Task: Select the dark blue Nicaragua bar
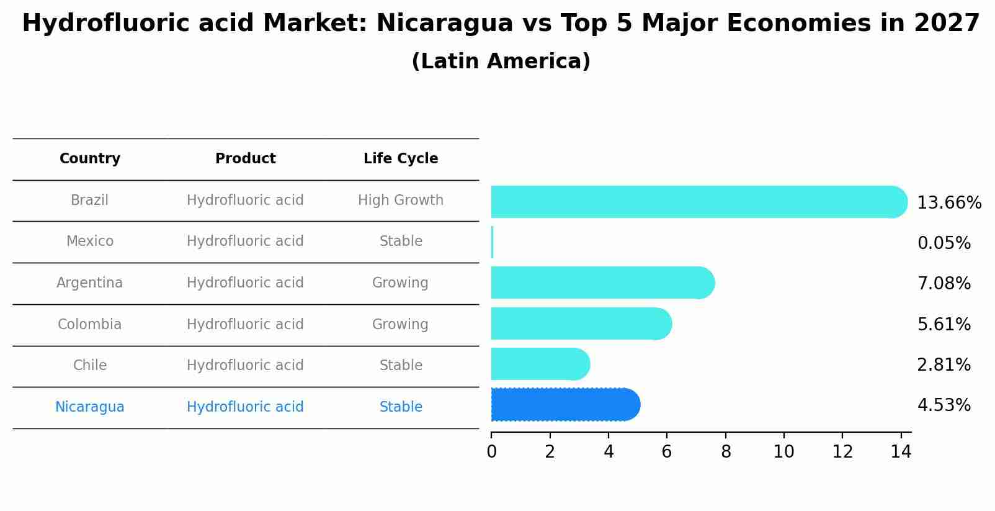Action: coord(564,405)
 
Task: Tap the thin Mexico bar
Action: coord(492,242)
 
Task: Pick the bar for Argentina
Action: coord(602,283)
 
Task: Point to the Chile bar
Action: coord(540,364)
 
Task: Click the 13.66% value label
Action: coord(948,203)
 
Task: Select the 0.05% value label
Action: coord(944,243)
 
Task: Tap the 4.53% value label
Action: coord(944,405)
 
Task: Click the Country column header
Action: coord(90,159)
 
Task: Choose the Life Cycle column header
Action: coord(401,159)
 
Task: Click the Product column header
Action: coord(246,159)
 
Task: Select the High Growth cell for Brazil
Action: coord(401,201)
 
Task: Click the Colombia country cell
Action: coord(90,325)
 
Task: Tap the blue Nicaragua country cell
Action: coord(90,407)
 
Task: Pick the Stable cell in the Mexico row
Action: coord(401,242)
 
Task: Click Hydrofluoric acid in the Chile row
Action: coord(246,366)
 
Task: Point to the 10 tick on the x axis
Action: coord(783,452)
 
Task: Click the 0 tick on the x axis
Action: coord(492,452)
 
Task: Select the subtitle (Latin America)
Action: coord(501,61)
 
